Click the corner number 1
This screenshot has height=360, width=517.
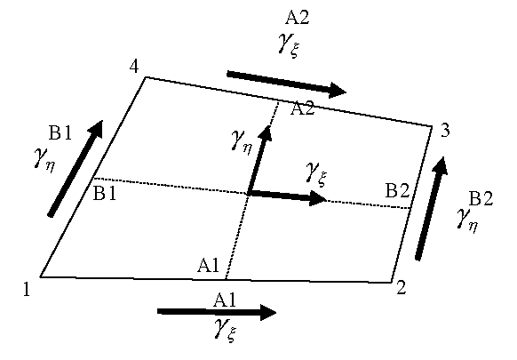27,290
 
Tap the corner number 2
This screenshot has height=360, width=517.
401,287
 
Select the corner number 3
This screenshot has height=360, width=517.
445,131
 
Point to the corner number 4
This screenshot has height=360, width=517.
134,67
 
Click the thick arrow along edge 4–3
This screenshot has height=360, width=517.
286,84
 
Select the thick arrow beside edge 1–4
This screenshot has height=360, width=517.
76,169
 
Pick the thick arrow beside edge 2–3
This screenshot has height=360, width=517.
431,209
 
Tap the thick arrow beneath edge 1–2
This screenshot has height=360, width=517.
217,312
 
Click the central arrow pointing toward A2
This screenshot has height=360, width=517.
259,161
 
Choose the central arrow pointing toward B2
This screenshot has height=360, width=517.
288,196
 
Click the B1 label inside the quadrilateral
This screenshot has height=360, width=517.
105,193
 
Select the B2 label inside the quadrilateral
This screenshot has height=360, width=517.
398,190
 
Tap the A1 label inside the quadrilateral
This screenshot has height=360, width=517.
209,265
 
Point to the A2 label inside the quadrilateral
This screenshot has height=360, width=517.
302,108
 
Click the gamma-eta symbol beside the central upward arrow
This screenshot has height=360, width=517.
242,141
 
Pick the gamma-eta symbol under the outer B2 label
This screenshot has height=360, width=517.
467,220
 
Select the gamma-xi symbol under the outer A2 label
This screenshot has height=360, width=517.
289,45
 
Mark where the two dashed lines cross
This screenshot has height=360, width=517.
248,195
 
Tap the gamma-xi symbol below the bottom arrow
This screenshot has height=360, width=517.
226,330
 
